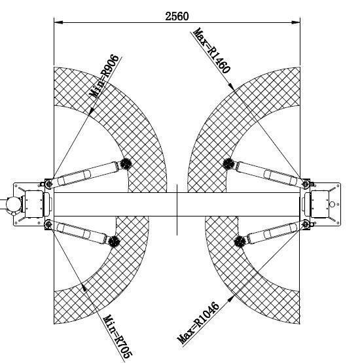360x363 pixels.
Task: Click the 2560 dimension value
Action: point(177,16)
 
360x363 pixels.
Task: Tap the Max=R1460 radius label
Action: point(212,50)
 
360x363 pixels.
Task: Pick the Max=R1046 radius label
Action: point(198,322)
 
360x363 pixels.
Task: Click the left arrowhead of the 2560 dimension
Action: point(58,22)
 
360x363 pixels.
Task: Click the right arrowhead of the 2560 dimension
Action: point(296,22)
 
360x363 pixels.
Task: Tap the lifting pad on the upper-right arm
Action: point(228,164)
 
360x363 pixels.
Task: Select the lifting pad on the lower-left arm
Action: point(114,241)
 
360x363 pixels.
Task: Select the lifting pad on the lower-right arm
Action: point(240,241)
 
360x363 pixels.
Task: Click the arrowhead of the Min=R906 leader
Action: point(92,111)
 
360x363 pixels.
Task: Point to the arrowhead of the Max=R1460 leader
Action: point(231,87)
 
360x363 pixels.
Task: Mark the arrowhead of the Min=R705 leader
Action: point(84,287)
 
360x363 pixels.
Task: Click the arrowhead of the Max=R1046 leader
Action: point(230,298)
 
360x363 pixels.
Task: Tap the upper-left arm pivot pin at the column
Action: point(48,184)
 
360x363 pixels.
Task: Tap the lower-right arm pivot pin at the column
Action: point(306,224)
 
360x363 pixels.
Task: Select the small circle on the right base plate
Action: point(333,205)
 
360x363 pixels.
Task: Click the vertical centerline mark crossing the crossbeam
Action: point(177,210)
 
